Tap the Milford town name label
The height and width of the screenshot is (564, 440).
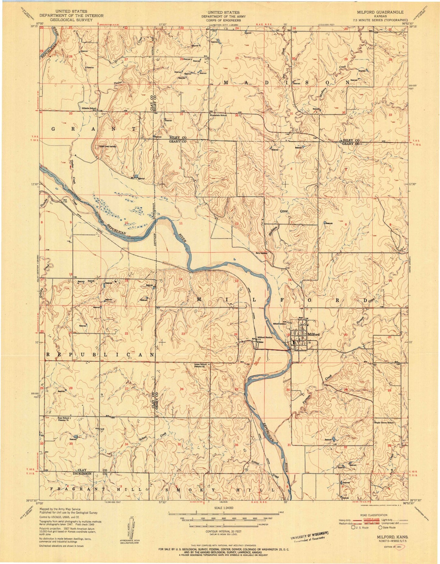coord(314,334)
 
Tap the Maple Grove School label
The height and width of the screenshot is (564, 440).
coord(384,423)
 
